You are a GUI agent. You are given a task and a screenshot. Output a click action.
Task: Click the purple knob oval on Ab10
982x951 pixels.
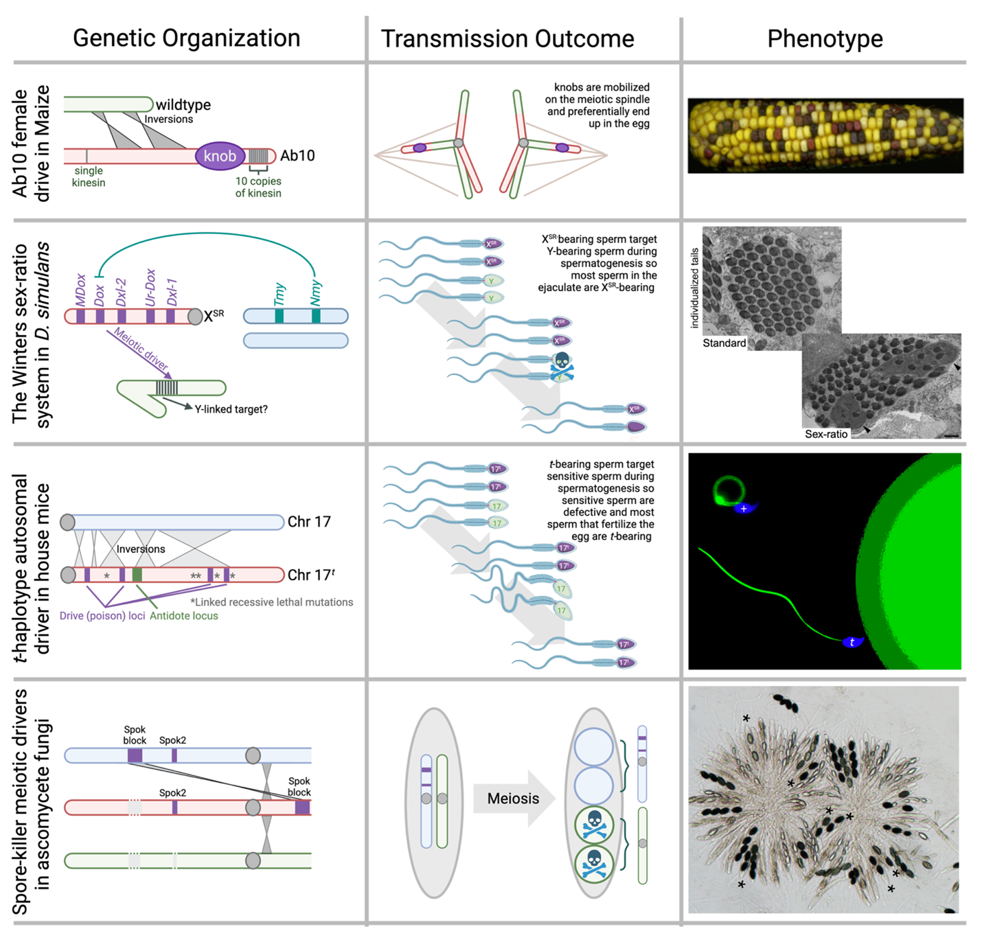(220, 156)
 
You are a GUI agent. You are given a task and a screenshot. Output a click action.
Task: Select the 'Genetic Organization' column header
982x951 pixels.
(186, 38)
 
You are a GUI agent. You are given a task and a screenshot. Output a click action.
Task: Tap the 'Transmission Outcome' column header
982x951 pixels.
(507, 39)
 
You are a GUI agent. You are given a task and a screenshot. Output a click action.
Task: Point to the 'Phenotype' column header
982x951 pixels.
(825, 39)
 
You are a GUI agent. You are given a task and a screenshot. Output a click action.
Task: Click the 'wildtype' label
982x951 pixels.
(183, 105)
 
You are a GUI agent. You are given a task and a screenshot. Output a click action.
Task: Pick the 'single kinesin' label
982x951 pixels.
(89, 176)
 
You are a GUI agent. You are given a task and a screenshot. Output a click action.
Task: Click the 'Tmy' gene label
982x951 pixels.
(279, 295)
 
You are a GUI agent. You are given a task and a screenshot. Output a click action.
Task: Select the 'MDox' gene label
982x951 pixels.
(80, 290)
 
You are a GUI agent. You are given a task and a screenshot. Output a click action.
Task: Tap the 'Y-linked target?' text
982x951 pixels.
(231, 409)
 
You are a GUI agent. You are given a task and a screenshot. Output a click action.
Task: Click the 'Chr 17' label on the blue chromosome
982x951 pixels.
(309, 522)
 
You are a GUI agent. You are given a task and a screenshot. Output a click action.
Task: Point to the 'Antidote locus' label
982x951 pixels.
(183, 616)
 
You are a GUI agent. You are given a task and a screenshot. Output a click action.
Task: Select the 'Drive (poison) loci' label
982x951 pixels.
(102, 616)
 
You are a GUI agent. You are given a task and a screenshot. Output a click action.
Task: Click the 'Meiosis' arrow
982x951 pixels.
(514, 799)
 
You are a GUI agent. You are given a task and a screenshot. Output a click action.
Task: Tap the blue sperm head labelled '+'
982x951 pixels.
(744, 509)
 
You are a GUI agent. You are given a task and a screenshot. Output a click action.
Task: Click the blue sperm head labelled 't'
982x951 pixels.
(852, 643)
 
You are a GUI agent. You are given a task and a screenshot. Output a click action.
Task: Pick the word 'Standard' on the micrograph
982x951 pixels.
(724, 343)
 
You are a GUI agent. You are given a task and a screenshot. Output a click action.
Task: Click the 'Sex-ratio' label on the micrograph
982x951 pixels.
(826, 434)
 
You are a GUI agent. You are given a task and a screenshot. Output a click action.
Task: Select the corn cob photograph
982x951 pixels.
(825, 135)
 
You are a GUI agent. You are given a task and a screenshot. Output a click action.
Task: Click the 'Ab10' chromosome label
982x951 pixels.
(297, 156)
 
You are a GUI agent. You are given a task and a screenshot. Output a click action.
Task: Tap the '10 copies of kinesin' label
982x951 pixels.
(258, 187)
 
